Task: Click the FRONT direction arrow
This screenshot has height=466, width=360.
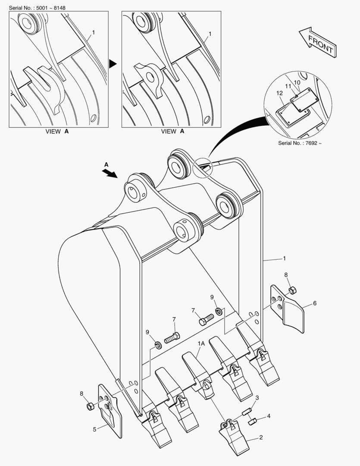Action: (318, 42)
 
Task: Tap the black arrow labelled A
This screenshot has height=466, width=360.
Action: (110, 173)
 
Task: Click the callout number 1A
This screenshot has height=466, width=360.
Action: (201, 343)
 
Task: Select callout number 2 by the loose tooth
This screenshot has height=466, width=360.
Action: (261, 437)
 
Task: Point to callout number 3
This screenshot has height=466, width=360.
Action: (257, 398)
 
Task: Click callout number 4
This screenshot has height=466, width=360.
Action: (269, 416)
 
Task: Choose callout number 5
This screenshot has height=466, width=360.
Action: (94, 429)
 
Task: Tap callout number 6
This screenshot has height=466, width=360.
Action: (315, 303)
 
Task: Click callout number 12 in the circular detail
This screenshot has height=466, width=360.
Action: (279, 93)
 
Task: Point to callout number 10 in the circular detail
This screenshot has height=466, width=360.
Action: (297, 82)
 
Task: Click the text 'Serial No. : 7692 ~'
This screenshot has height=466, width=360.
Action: (300, 143)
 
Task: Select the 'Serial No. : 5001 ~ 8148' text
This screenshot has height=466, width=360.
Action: (37, 8)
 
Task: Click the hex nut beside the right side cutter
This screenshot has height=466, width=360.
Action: (292, 290)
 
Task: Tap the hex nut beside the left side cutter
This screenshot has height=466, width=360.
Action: (90, 406)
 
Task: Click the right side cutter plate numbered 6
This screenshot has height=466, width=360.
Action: (288, 309)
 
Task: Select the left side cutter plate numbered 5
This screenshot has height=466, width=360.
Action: (110, 412)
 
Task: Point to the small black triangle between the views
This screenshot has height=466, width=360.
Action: (113, 63)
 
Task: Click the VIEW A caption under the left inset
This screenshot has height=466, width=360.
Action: (57, 131)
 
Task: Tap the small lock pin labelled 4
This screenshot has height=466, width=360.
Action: (253, 421)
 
